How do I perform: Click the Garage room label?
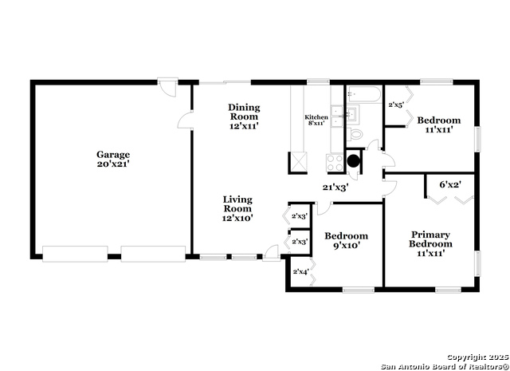click(x=113, y=159)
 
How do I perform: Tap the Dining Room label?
click(x=244, y=116)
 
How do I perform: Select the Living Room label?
click(x=237, y=208)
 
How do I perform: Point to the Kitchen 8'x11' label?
click(x=316, y=120)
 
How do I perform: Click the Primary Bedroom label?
click(x=430, y=243)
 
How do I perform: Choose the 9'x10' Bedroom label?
click(x=346, y=240)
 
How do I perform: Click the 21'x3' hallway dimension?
click(x=335, y=187)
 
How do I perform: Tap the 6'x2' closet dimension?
click(x=450, y=184)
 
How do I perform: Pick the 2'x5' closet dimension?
click(x=396, y=105)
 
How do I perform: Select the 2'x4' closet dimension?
click(x=300, y=271)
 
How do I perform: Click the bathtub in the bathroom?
click(x=363, y=95)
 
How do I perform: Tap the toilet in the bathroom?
click(x=354, y=133)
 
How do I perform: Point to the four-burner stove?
click(x=335, y=162)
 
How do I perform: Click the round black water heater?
click(x=353, y=160)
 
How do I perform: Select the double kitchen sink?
click(x=336, y=116)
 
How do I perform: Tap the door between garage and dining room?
click(x=185, y=120)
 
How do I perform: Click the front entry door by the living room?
click(x=271, y=253)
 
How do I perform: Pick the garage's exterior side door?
click(x=168, y=87)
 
